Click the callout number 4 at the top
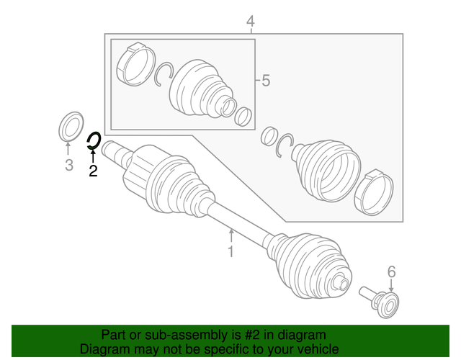point(250,22)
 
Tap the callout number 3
point(68,166)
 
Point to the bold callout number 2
point(92,171)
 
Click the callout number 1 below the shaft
point(231,251)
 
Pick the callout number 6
point(392,271)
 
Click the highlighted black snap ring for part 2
point(93,140)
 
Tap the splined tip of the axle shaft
point(112,150)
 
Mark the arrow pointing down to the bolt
point(392,286)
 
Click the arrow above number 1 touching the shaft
point(231,235)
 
